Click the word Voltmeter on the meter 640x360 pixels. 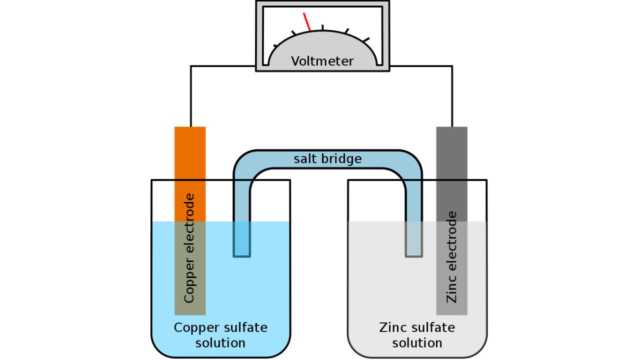322,61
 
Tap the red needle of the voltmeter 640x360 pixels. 307,21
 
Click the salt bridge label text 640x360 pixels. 327,159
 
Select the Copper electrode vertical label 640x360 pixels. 189,248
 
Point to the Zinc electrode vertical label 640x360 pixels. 451,257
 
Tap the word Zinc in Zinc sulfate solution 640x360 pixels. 393,328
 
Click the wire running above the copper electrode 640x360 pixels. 190,95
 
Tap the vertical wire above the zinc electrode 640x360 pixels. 452,95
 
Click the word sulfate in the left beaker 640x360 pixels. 245,328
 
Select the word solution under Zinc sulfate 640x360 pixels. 417,343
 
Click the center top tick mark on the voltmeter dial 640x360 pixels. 322,27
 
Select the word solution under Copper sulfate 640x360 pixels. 220,343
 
